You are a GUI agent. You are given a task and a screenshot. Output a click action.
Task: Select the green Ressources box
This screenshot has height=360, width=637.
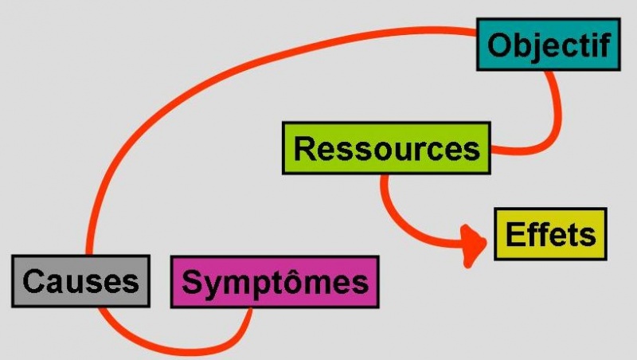(x=386, y=148)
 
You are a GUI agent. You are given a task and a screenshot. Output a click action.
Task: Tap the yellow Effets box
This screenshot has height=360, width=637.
(x=550, y=234)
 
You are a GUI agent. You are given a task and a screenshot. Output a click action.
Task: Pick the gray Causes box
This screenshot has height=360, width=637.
(x=80, y=280)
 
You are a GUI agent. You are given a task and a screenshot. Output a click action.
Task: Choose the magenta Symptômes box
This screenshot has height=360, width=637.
(x=275, y=282)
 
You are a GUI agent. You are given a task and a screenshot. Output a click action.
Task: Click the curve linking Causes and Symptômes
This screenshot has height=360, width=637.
(x=175, y=347)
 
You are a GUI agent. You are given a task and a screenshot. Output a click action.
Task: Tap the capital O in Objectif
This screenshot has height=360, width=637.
(x=498, y=45)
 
